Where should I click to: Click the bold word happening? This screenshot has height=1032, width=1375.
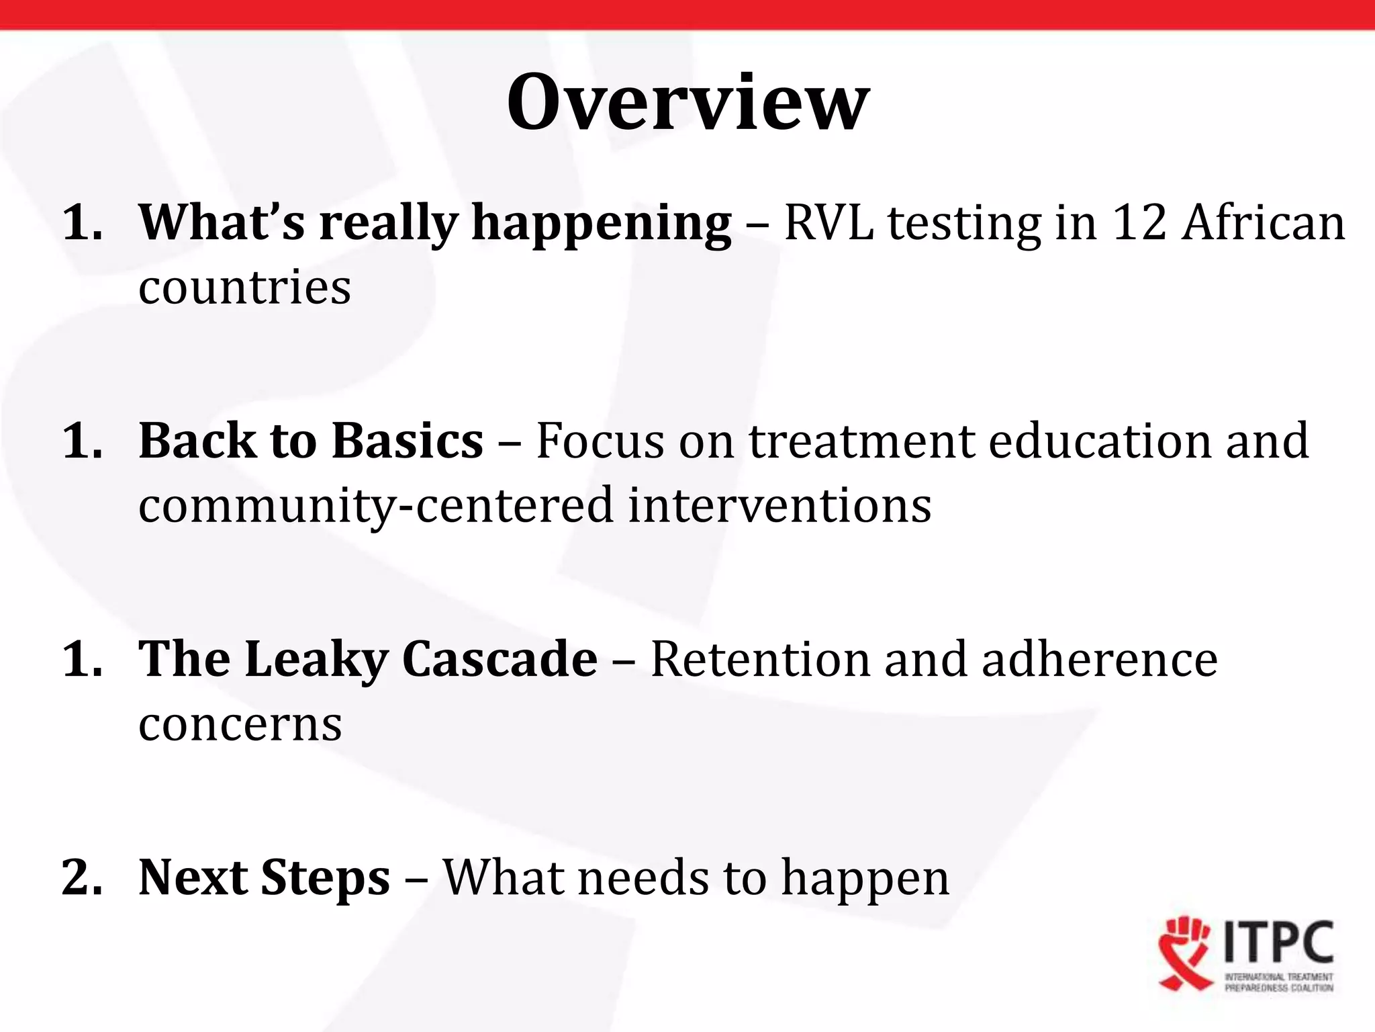pos(602,224)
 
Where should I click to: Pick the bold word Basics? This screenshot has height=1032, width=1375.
pos(408,440)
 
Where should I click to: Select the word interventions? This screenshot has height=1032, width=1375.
pos(779,505)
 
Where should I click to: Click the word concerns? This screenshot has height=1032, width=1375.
pos(240,724)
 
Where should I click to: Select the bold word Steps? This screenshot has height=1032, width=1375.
pos(325,879)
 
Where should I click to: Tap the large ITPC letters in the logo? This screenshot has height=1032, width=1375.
pos(1280,943)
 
